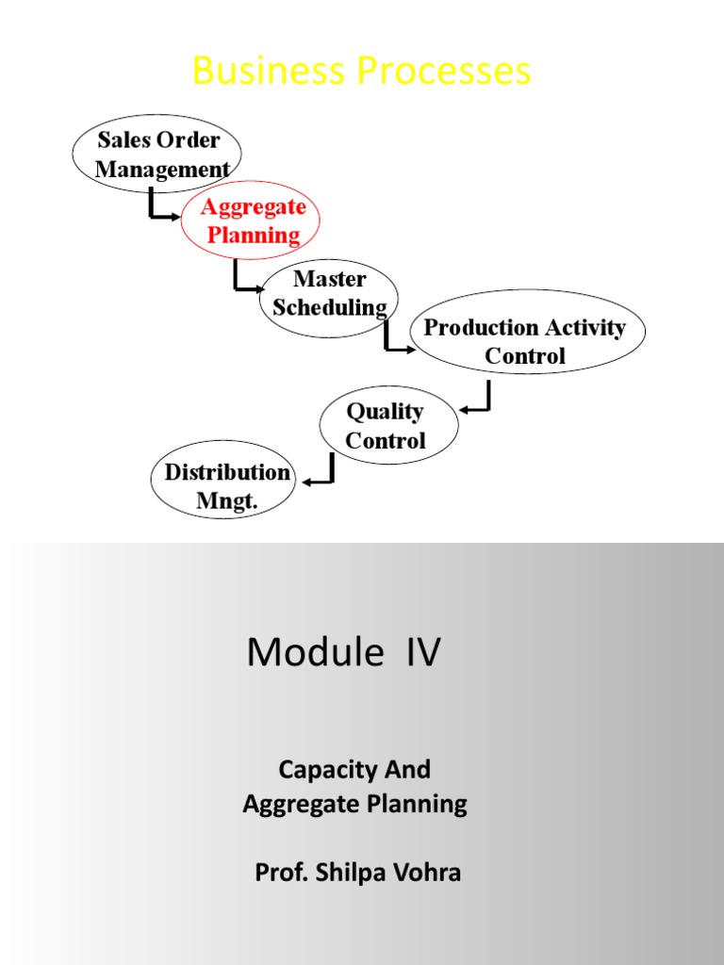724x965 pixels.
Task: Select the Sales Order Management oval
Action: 157,154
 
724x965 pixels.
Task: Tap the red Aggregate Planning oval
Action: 252,221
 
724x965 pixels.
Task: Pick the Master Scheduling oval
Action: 328,293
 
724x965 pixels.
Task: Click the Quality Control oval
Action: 388,425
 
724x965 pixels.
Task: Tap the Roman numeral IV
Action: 422,652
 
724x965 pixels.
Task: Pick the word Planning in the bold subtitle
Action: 421,804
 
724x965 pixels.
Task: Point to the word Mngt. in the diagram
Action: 226,500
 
